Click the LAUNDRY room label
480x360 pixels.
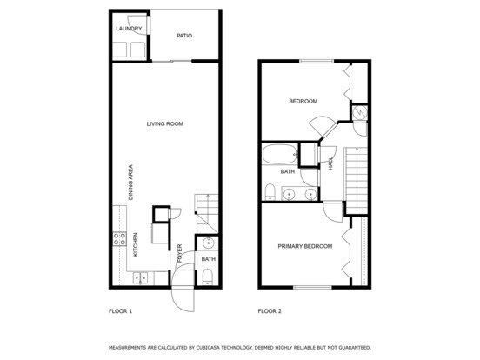coord(129,29)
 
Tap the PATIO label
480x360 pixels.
coord(184,36)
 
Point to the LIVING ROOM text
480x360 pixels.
coord(164,123)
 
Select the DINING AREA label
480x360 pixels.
coord(130,183)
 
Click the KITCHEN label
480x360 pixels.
coord(136,244)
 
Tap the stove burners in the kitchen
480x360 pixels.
coord(119,239)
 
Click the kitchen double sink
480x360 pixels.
coord(140,278)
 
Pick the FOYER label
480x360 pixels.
coord(179,253)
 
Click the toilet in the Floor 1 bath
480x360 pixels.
coord(208,277)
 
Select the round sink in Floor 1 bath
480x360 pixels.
coord(209,243)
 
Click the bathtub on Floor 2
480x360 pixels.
coord(280,154)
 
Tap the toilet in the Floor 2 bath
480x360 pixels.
coord(270,191)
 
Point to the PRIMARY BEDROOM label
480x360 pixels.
coord(305,246)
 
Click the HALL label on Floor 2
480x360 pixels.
coord(330,163)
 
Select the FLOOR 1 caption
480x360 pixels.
coord(120,311)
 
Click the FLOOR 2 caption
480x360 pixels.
coord(270,311)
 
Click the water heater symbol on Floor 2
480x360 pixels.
coord(359,112)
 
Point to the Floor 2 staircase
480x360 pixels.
coord(356,181)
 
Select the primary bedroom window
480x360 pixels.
coord(312,288)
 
